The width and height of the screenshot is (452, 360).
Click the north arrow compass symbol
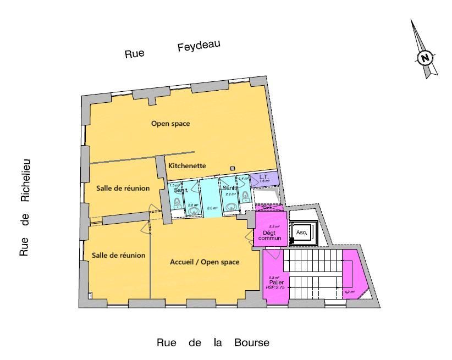click(x=424, y=57)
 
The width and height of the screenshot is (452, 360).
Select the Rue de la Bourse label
click(x=213, y=343)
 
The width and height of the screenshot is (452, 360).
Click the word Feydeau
click(x=199, y=47)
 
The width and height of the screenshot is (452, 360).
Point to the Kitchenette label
click(x=187, y=165)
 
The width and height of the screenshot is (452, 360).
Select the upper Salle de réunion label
click(x=123, y=188)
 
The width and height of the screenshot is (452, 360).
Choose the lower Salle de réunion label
click(x=118, y=255)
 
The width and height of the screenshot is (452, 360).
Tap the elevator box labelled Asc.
click(x=301, y=232)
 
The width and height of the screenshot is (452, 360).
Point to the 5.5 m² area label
click(x=274, y=226)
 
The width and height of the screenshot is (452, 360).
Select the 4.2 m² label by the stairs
click(x=349, y=292)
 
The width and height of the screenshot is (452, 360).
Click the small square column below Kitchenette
click(x=233, y=168)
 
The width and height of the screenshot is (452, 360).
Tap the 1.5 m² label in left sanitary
click(x=174, y=186)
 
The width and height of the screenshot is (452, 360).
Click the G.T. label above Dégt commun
click(x=266, y=207)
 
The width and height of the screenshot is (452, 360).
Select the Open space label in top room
click(x=170, y=124)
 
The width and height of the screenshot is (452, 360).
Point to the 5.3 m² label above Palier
click(x=273, y=278)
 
